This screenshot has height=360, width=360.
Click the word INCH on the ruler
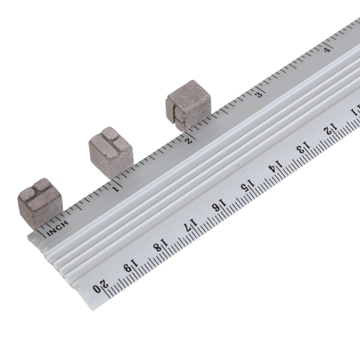tap(58, 228)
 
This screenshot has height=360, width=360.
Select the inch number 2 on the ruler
tap(189, 141)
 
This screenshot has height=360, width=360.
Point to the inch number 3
tap(259, 95)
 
